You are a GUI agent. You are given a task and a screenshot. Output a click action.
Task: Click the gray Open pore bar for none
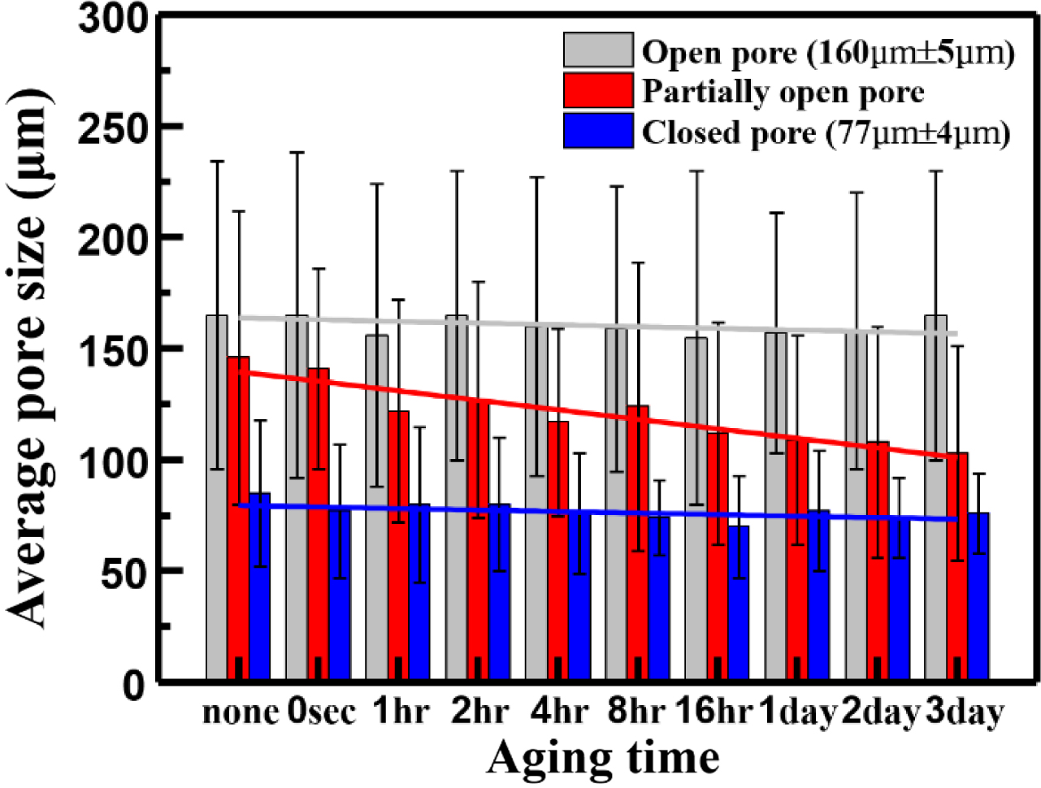tap(216, 496)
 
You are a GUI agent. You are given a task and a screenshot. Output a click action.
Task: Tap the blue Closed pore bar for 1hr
tap(419, 593)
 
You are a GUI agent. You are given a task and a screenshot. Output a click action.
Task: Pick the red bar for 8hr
tap(638, 544)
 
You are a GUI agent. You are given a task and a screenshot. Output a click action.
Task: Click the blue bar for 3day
tap(978, 597)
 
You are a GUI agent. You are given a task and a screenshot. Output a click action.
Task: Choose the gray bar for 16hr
tap(696, 508)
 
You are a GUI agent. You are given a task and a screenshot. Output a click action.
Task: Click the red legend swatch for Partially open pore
tap(598, 90)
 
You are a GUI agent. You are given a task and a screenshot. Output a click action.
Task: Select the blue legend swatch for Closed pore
tap(598, 130)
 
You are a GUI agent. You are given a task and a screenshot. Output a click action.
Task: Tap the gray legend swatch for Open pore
tap(598, 50)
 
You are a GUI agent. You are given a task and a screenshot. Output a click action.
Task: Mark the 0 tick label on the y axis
tap(134, 685)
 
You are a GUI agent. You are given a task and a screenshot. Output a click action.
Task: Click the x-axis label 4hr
tap(559, 712)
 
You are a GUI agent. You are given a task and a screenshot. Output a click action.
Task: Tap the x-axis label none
tap(241, 712)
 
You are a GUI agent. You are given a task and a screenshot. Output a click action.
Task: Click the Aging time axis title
tap(603, 758)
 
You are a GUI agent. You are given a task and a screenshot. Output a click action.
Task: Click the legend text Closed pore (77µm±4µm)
tap(826, 132)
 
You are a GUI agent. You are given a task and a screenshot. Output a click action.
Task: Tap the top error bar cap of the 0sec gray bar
tap(297, 152)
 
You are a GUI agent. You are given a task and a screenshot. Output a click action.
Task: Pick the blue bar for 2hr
tap(499, 593)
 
